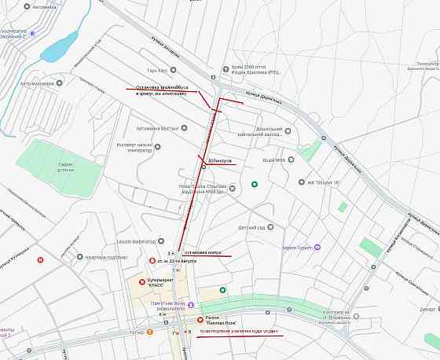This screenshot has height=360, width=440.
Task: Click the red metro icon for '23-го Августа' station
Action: click(152, 260)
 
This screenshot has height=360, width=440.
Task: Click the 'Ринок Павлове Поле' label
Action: click(222, 320)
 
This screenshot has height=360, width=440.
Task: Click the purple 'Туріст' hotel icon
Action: click(317, 247)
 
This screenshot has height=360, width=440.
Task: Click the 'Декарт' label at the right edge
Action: click(427, 309)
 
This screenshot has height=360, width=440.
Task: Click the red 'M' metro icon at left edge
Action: click(40, 259)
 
